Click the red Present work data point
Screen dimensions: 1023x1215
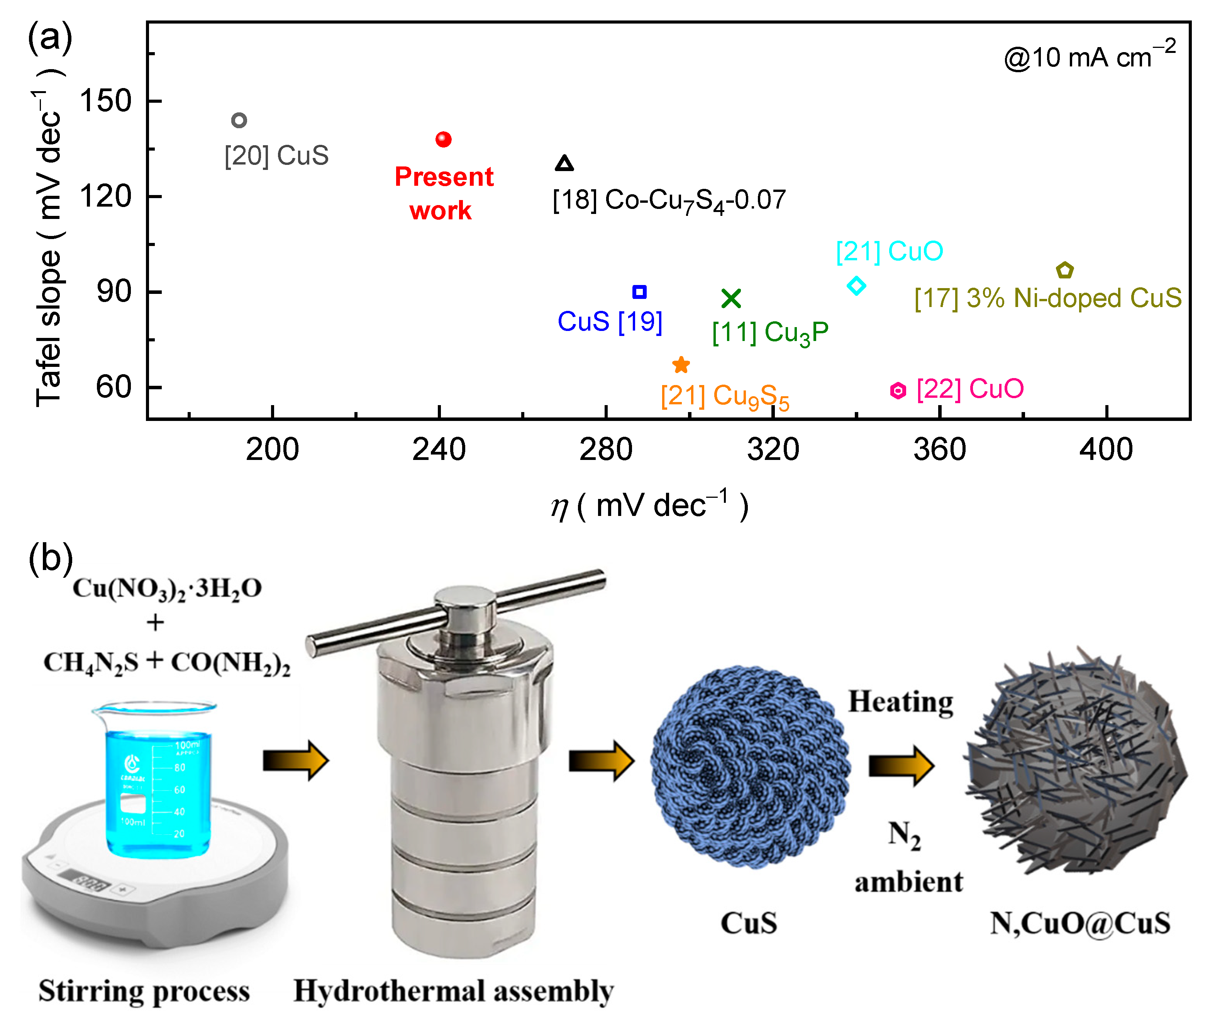(444, 139)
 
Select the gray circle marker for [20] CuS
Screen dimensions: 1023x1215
(239, 120)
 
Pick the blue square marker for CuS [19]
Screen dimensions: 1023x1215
(639, 292)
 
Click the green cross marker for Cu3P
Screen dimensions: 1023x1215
(732, 298)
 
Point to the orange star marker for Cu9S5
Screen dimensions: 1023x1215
(681, 365)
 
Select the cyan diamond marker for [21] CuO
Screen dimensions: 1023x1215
(856, 285)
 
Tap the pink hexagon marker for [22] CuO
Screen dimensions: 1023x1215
(898, 390)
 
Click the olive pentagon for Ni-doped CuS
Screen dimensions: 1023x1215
(1065, 270)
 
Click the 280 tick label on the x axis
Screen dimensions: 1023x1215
(606, 450)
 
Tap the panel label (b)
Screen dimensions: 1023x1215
(51, 558)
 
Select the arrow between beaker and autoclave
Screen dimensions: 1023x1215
(296, 760)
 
